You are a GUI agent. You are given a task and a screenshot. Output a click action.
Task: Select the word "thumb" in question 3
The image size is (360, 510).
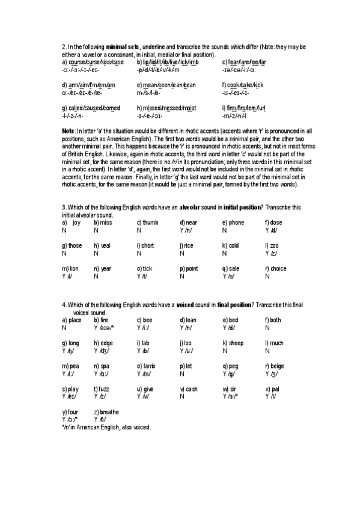(150, 223)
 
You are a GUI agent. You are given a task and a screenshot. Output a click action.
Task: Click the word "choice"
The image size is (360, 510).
(278, 269)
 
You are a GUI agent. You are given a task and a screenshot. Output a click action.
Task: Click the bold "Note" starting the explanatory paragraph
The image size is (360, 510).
(68, 131)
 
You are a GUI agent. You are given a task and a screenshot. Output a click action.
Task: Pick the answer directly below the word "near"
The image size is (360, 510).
(186, 230)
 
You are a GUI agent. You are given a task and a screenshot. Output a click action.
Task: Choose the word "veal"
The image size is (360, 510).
(105, 245)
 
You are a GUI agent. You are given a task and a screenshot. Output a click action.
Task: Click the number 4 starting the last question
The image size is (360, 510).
(64, 306)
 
